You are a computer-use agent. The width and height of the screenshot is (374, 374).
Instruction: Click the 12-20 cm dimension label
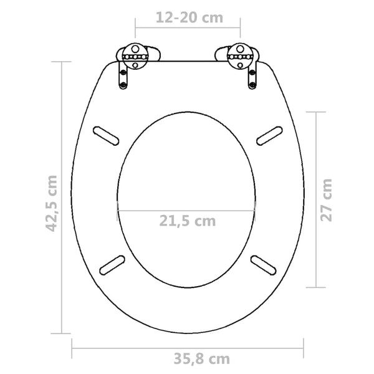pyautogui.click(x=188, y=17)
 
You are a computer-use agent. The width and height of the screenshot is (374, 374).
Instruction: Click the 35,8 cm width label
pyautogui.click(x=186, y=358)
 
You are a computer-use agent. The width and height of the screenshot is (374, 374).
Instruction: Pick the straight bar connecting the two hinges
pyautogui.click(x=187, y=61)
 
